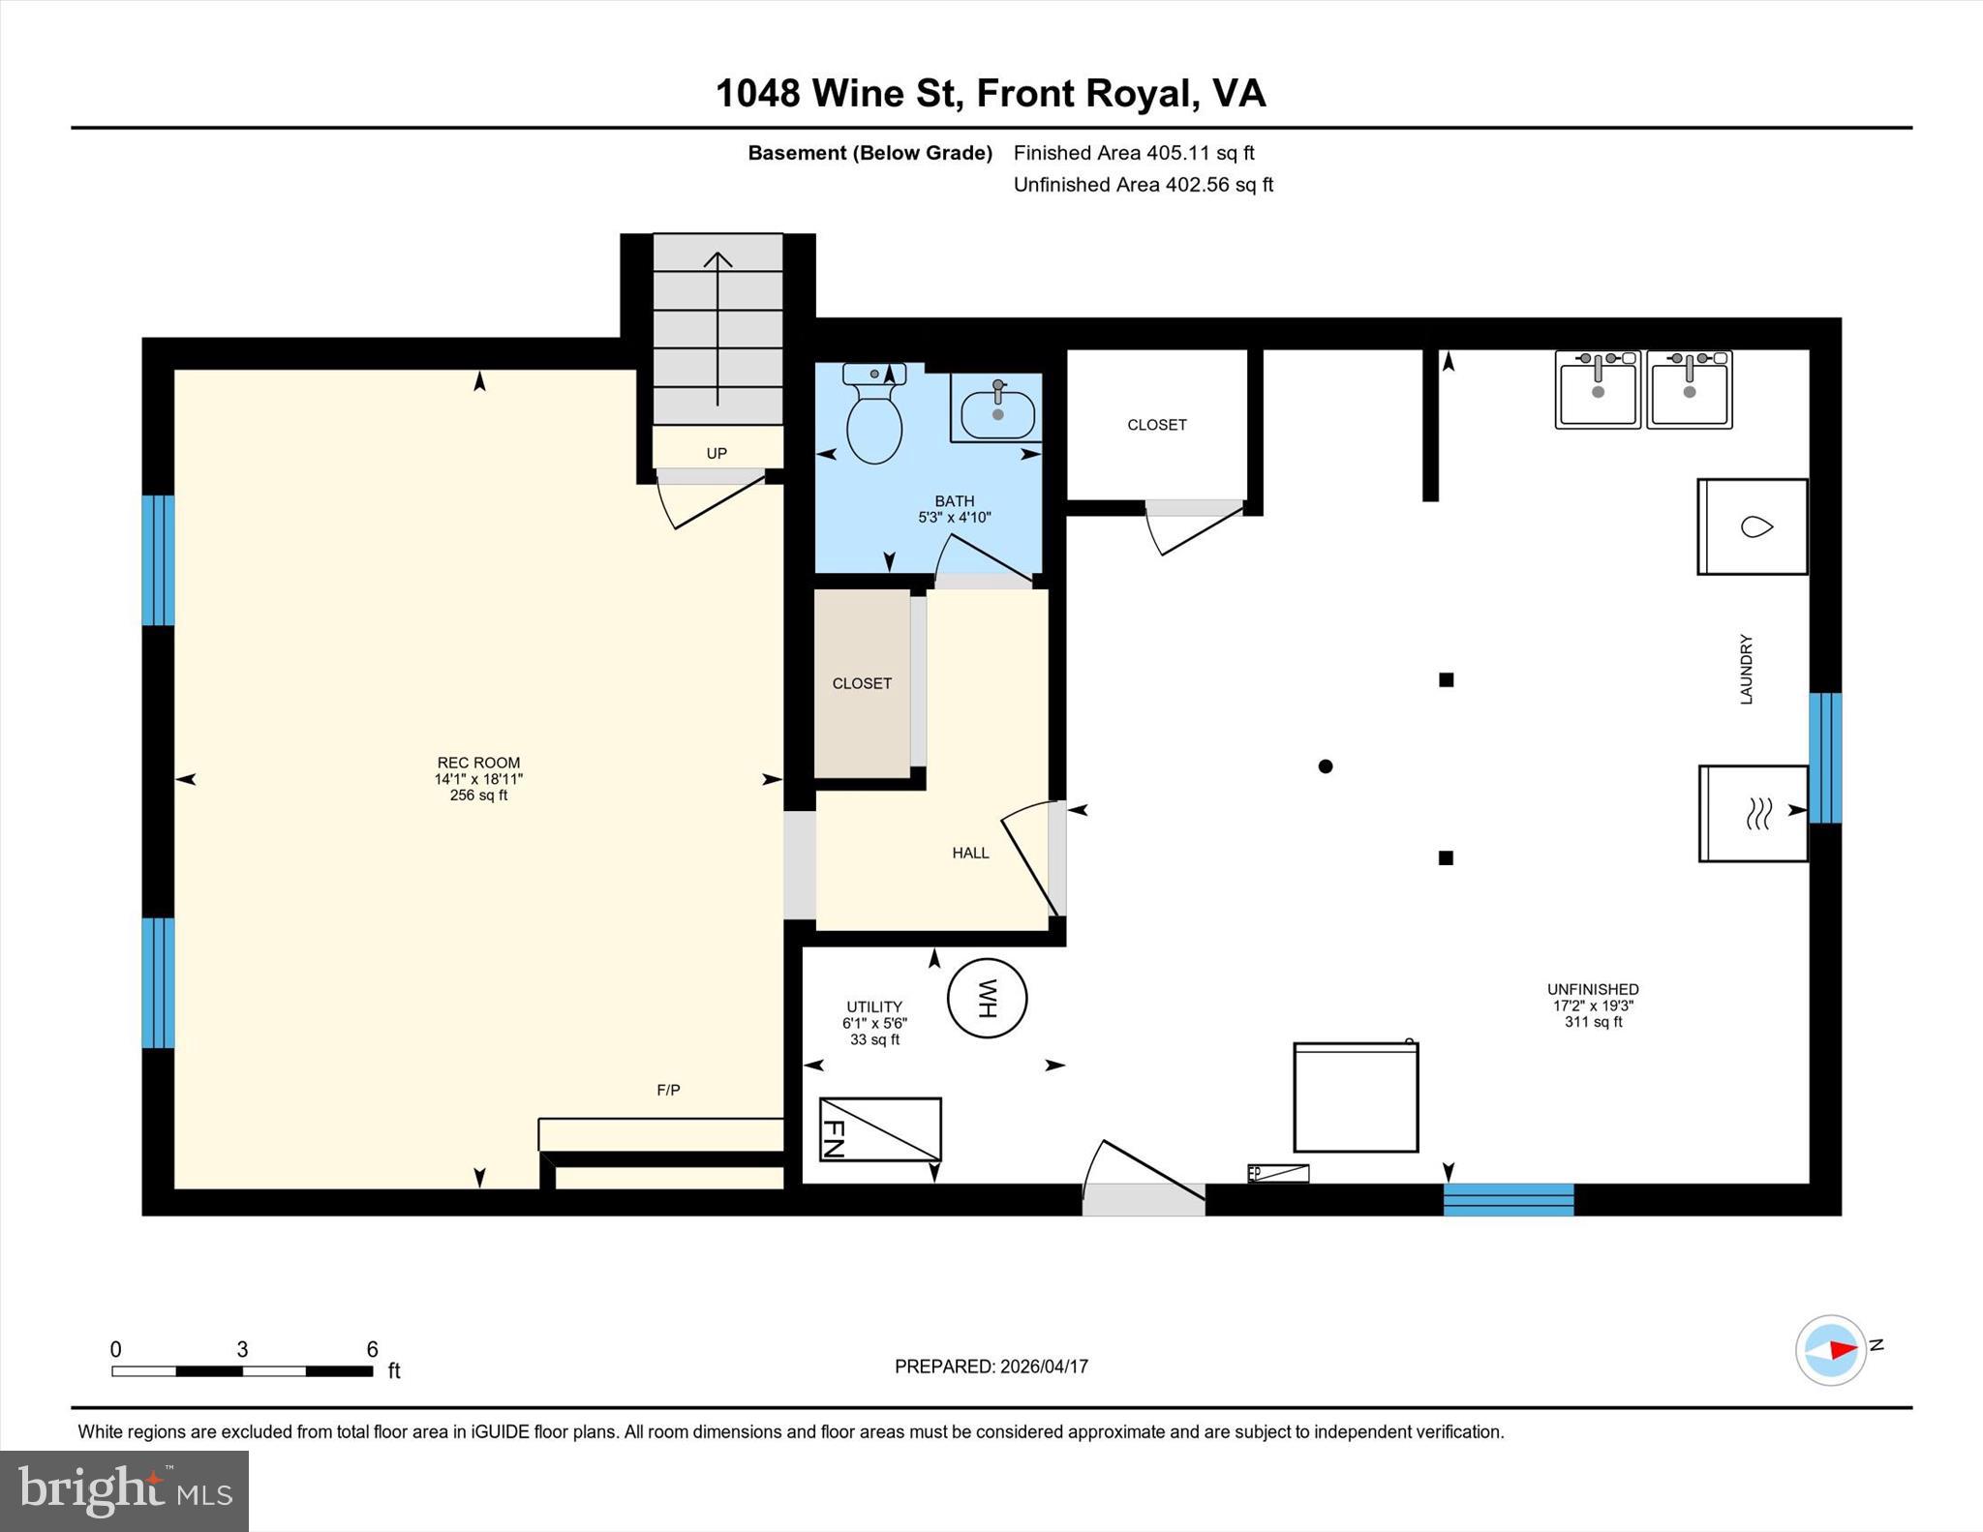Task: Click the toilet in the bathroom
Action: click(874, 413)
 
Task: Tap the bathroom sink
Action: click(996, 407)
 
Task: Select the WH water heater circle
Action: click(987, 999)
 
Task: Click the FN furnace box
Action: click(880, 1128)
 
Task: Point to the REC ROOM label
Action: click(478, 763)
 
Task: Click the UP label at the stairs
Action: click(717, 453)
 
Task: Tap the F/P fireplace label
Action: click(668, 1090)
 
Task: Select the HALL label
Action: click(970, 853)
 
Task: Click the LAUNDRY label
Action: click(1747, 669)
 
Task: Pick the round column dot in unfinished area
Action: click(1326, 766)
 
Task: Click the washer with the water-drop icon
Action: click(1753, 526)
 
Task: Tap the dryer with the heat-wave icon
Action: click(1754, 813)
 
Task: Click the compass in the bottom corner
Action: click(1830, 1350)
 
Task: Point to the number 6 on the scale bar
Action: click(372, 1349)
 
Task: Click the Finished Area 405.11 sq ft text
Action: click(1134, 153)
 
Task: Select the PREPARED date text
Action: click(991, 1367)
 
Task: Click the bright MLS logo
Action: click(124, 1490)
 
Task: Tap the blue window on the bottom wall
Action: click(1509, 1200)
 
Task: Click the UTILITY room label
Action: click(874, 1006)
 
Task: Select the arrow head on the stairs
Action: click(717, 258)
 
